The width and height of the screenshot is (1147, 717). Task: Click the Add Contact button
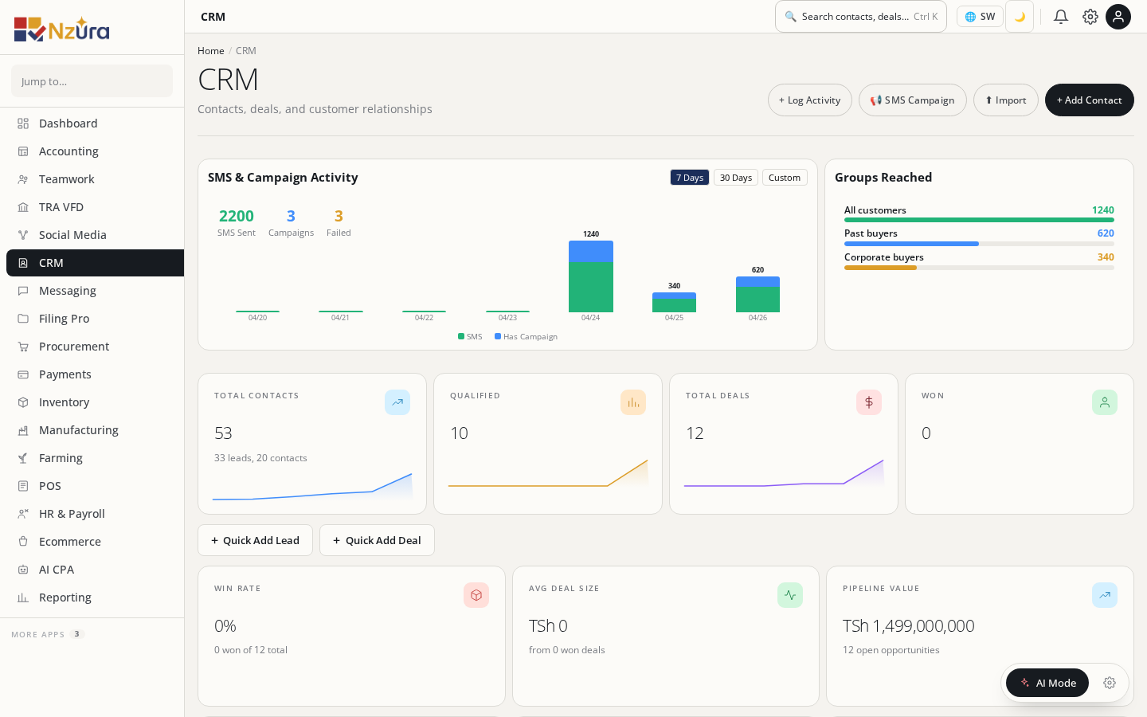tap(1089, 100)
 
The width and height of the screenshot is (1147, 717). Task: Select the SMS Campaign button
tap(912, 100)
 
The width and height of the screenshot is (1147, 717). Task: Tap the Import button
tap(1005, 100)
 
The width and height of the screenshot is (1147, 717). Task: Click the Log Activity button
tap(809, 100)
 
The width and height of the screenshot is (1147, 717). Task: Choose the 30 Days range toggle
tap(735, 178)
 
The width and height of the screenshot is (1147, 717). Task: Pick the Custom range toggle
tap(784, 178)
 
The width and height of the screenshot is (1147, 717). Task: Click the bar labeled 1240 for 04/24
tap(590, 276)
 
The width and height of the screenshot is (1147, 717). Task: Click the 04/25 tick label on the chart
tap(674, 318)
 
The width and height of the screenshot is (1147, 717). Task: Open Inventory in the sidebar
tap(64, 402)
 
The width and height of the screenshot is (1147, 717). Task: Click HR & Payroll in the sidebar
tap(72, 514)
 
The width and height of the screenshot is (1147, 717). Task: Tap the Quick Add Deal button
tap(377, 540)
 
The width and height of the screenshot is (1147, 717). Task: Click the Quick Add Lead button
tap(255, 540)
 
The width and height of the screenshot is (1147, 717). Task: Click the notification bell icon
tap(1060, 17)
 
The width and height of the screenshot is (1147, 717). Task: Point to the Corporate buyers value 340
tap(1105, 257)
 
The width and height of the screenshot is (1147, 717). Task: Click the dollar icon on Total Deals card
tap(868, 402)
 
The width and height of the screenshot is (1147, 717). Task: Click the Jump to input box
tap(92, 81)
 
